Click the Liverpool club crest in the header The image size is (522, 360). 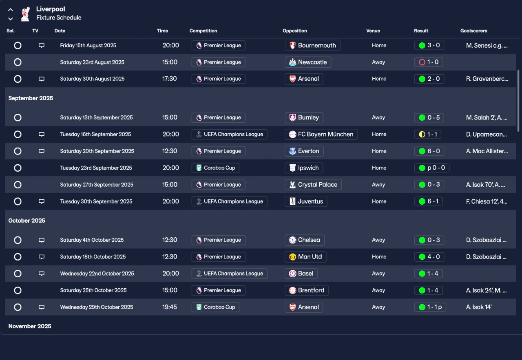pyautogui.click(x=25, y=13)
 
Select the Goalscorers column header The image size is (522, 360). pyautogui.click(x=473, y=31)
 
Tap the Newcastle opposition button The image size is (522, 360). pyautogui.click(x=308, y=62)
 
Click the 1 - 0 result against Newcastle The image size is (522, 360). pyautogui.click(x=428, y=62)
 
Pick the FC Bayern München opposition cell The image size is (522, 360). pyautogui.click(x=321, y=134)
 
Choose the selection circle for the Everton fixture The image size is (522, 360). pyautogui.click(x=18, y=151)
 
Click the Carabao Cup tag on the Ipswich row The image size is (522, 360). pyautogui.click(x=215, y=168)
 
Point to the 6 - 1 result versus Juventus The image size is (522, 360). pyautogui.click(x=428, y=201)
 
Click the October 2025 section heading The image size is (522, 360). pyautogui.click(x=27, y=221)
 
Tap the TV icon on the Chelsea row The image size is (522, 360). pyautogui.click(x=41, y=240)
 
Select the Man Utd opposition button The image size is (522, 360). pyautogui.click(x=305, y=257)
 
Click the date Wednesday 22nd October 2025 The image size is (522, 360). pyautogui.click(x=97, y=274)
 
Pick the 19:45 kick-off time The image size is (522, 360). pyautogui.click(x=170, y=307)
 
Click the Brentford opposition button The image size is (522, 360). pyautogui.click(x=306, y=290)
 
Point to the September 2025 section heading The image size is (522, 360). pyautogui.click(x=31, y=98)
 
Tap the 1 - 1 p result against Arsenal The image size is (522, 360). pyautogui.click(x=430, y=307)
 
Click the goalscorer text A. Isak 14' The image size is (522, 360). pyautogui.click(x=479, y=307)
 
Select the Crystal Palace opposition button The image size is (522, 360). pyautogui.click(x=313, y=185)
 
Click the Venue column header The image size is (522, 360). pyautogui.click(x=373, y=31)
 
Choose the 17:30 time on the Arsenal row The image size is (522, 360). pyautogui.click(x=170, y=79)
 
